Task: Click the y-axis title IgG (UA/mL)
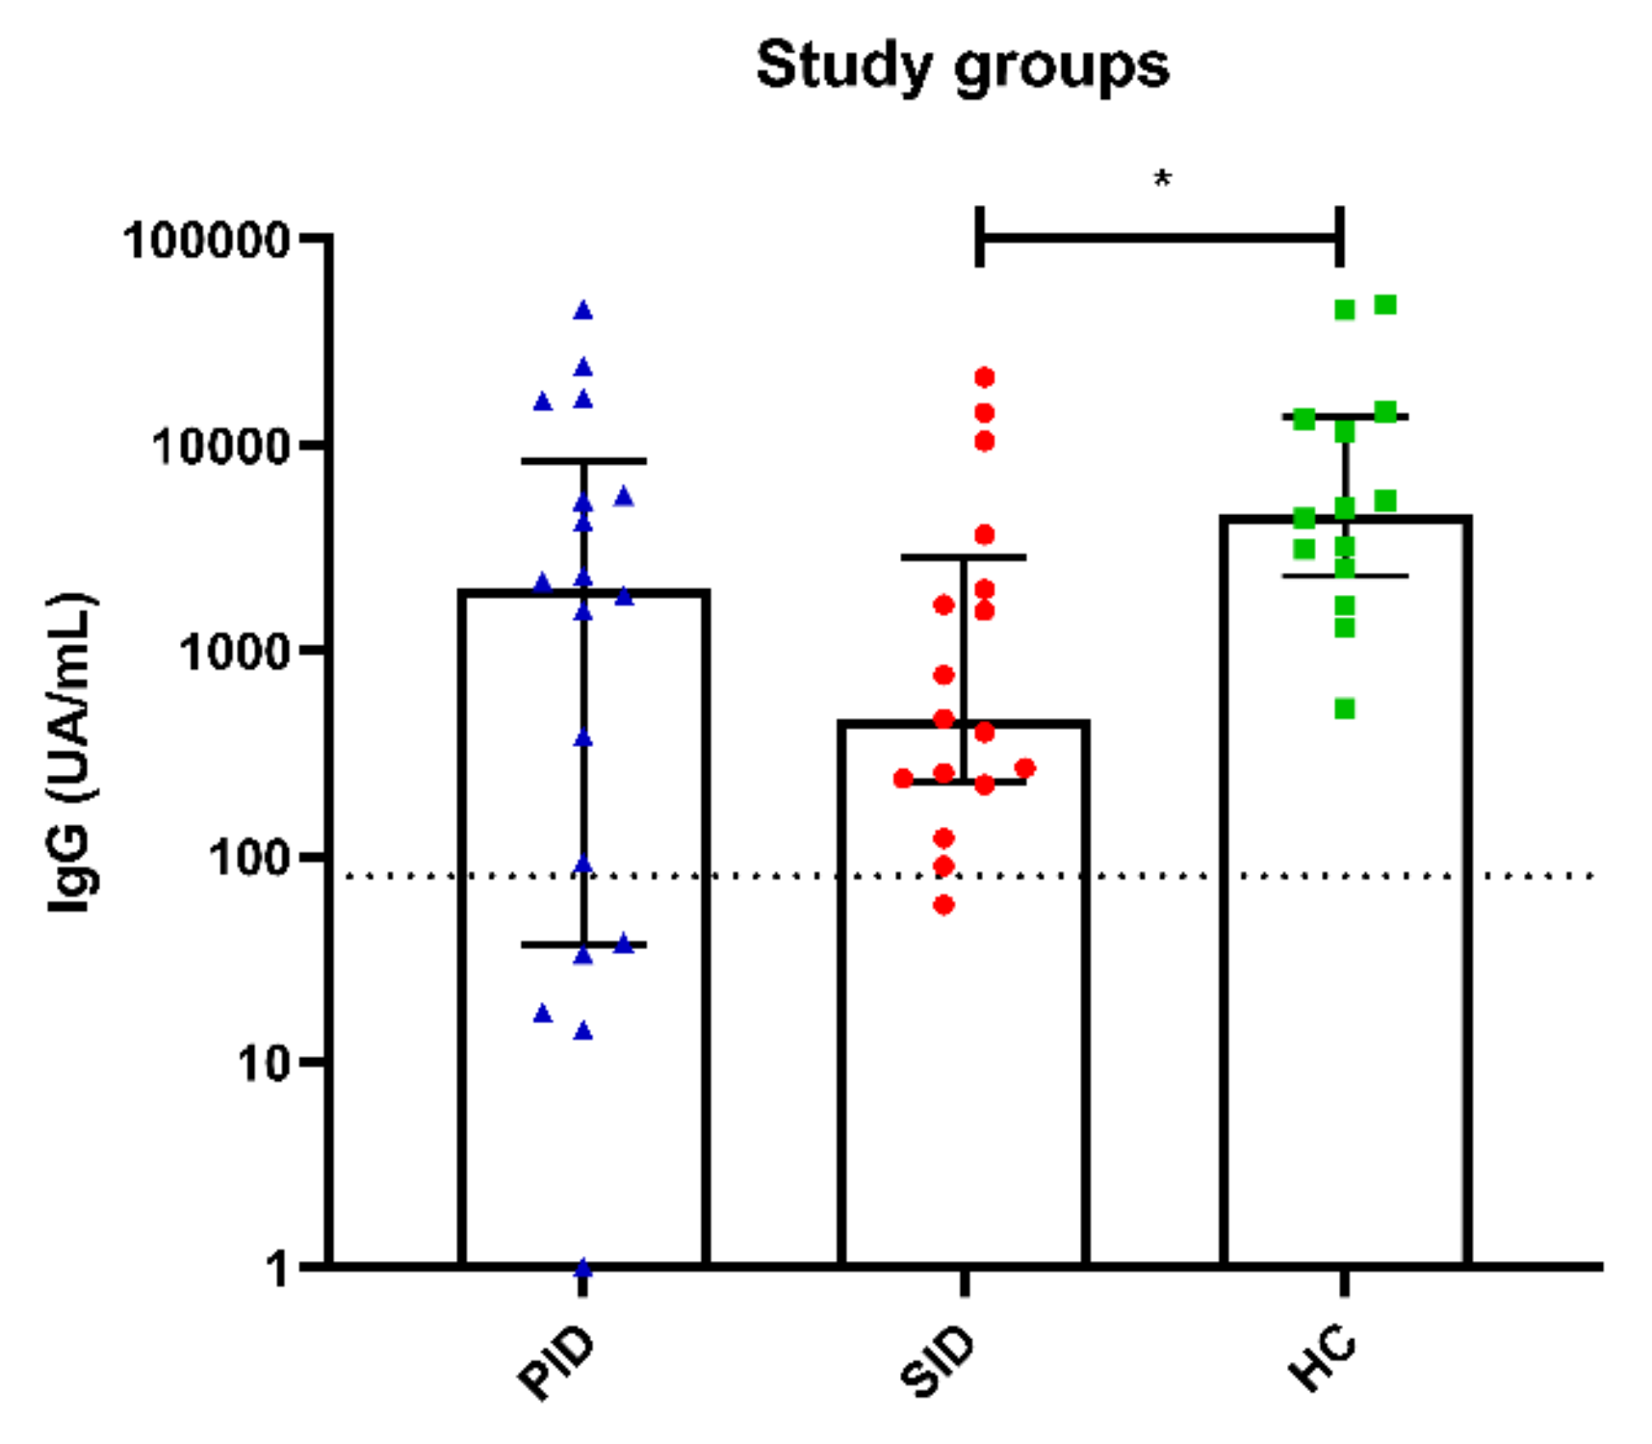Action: (x=72, y=753)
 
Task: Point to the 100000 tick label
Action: (x=207, y=240)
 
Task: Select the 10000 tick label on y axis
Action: (x=221, y=447)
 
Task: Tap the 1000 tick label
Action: (x=235, y=653)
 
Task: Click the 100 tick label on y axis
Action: (x=249, y=858)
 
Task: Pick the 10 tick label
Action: (x=263, y=1064)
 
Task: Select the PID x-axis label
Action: (x=556, y=1364)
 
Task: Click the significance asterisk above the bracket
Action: (x=1162, y=180)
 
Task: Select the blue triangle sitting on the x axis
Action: (x=583, y=1268)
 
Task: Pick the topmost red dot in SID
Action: (x=984, y=377)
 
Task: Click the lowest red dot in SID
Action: (x=944, y=905)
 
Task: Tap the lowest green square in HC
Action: (x=1345, y=709)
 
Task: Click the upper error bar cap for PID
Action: (x=583, y=461)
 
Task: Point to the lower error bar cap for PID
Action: (x=583, y=944)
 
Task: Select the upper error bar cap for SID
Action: (x=964, y=557)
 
